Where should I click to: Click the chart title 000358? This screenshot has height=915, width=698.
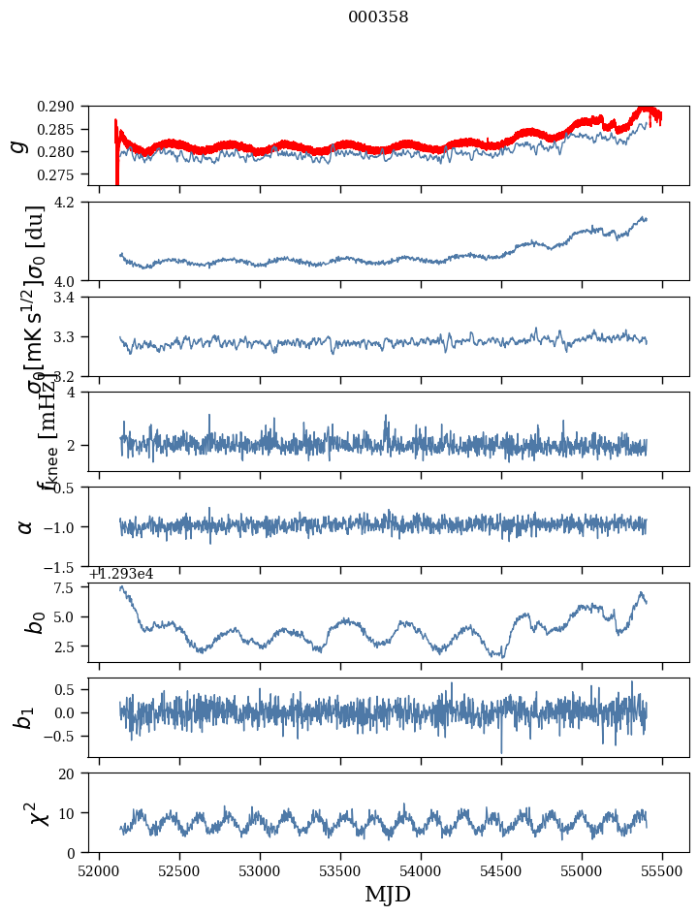[x=378, y=17]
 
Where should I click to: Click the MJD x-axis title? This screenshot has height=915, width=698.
[x=388, y=895]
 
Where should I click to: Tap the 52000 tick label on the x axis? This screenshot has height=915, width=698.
[x=99, y=872]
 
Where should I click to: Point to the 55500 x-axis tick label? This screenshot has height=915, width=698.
[x=662, y=872]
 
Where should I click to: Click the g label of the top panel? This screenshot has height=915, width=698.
[x=17, y=145]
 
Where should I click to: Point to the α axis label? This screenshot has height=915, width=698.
[x=25, y=526]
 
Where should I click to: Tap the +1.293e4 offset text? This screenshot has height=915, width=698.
[x=121, y=574]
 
